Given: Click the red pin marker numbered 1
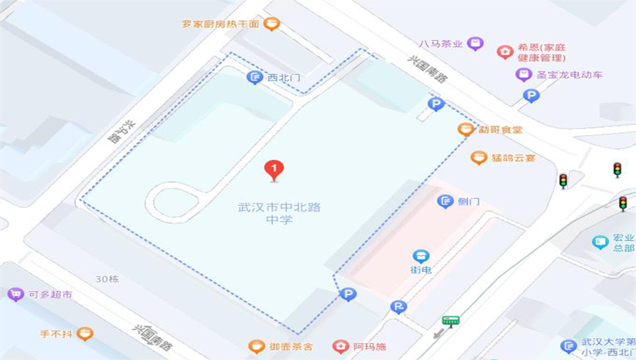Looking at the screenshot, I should coord(274,170).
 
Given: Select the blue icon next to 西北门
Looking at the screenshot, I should coord(254,77).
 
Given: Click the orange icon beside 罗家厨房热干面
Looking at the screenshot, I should coord(271,24).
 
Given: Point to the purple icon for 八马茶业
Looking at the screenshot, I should coord(475,43).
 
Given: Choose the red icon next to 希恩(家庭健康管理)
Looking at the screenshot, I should coord(504,51).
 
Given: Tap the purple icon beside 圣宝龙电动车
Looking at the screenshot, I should coord(524,74).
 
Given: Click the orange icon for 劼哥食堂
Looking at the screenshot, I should coord(465,129).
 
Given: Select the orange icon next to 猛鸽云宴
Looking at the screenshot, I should coord(479,157).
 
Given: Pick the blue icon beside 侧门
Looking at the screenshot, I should coord(445,201).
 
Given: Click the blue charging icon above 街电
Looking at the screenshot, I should coord(421,256).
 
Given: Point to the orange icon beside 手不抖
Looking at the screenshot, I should coord(85,334).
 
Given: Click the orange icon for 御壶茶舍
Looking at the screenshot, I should coord(256,346).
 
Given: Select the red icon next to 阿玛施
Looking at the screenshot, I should coord(340,346).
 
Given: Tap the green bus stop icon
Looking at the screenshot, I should coord(451,320).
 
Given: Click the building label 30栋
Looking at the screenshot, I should coord(107,279).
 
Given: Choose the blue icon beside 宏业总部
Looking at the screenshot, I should coord(601,242).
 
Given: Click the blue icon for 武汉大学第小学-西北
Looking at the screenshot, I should coord(568,346).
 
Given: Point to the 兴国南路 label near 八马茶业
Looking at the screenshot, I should coord(428,69).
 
